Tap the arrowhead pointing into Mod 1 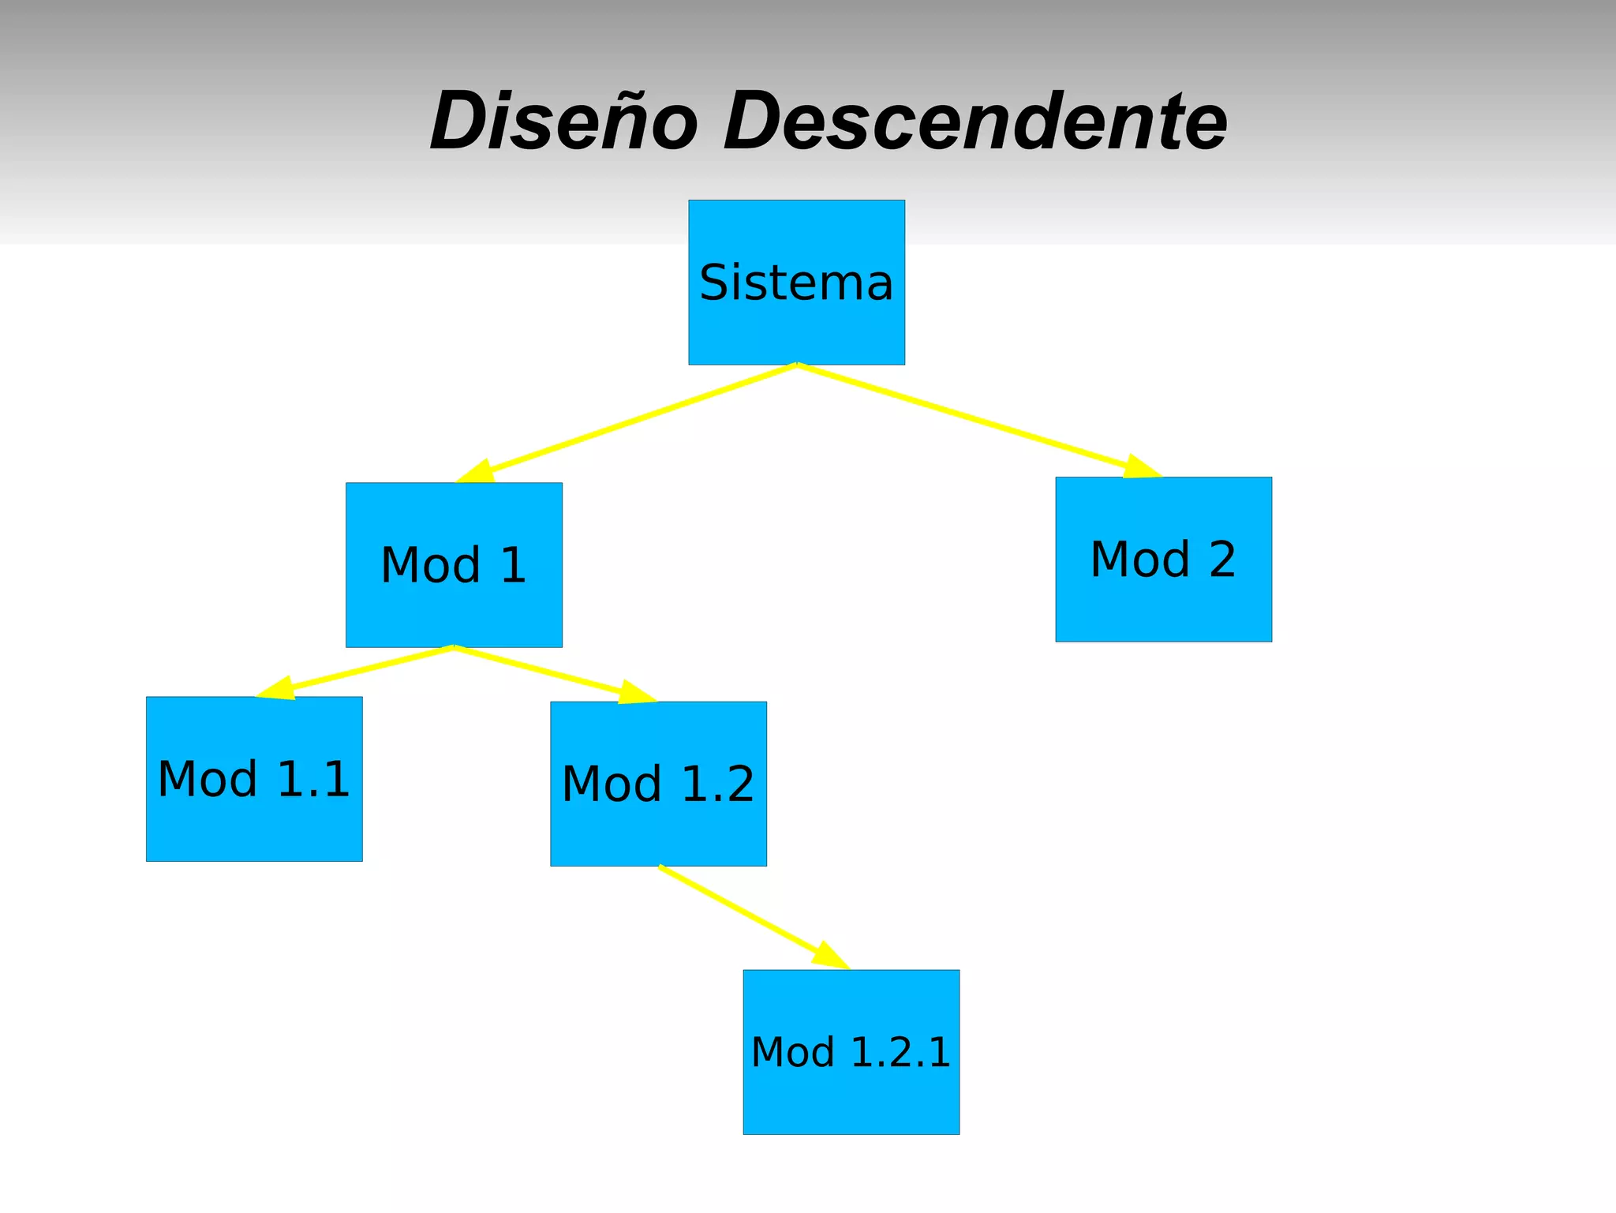tap(478, 472)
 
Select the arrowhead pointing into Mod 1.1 tap(278, 688)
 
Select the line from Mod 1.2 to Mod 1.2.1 tap(738, 909)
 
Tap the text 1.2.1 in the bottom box tap(901, 1052)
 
